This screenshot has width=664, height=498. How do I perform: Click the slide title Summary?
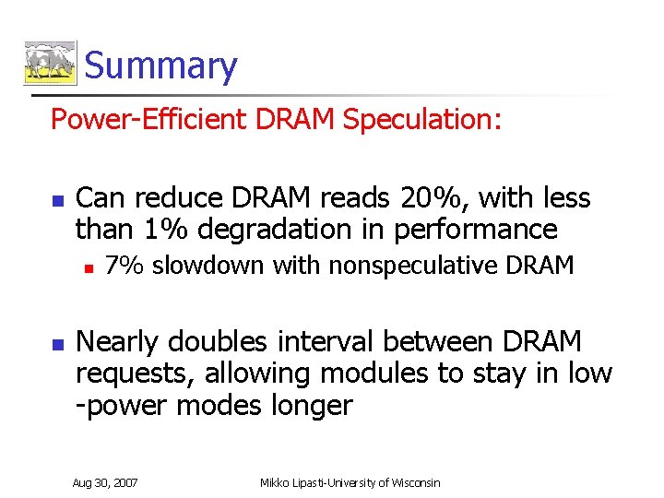point(160,66)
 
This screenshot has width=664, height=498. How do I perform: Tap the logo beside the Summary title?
point(50,64)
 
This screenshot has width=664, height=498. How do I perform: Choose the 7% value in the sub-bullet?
point(124,267)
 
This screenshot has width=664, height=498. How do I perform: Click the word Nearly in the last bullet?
point(117,342)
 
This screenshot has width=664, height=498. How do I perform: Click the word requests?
point(135,373)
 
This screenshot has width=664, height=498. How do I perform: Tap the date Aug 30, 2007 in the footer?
point(105,483)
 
